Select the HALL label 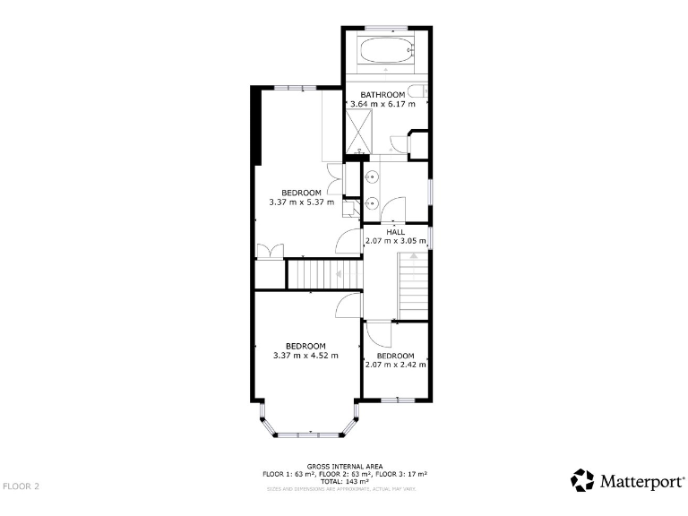[x=395, y=231]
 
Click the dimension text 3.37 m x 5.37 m [x=301, y=202]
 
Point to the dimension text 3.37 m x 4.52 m [x=305, y=356]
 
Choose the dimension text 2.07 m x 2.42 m [x=395, y=365]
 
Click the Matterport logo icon [x=582, y=480]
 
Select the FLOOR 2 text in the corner [x=21, y=486]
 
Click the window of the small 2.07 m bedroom [x=397, y=400]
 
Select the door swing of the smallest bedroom [x=377, y=334]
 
